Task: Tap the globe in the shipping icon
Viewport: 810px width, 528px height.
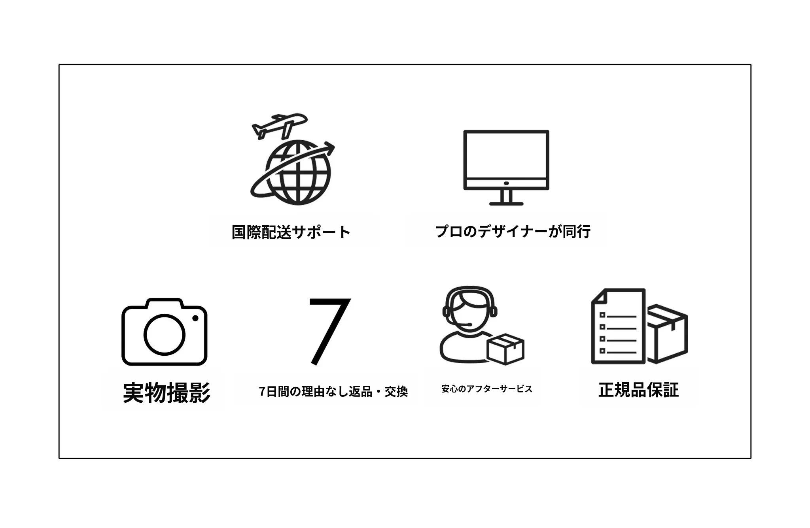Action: click(x=298, y=173)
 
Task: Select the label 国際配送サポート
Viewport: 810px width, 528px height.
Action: click(x=291, y=232)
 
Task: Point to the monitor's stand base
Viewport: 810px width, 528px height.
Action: click(x=506, y=204)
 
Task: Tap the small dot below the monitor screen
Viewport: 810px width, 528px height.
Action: click(x=506, y=183)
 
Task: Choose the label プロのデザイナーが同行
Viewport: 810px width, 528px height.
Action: click(x=513, y=232)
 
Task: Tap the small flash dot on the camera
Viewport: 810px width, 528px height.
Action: click(x=195, y=318)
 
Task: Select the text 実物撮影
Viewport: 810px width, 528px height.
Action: click(x=167, y=392)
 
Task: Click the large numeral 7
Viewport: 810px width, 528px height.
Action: click(x=329, y=332)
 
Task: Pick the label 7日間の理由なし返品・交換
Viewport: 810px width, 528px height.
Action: click(x=333, y=392)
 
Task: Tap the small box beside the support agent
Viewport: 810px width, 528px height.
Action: click(x=505, y=349)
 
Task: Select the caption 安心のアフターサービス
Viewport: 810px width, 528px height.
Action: click(x=487, y=389)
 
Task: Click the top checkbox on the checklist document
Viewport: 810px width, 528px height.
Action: click(x=602, y=315)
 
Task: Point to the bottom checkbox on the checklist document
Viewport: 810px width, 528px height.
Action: click(x=602, y=351)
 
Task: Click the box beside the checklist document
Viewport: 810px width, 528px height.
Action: click(x=667, y=334)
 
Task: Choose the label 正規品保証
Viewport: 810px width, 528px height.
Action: click(x=639, y=390)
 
